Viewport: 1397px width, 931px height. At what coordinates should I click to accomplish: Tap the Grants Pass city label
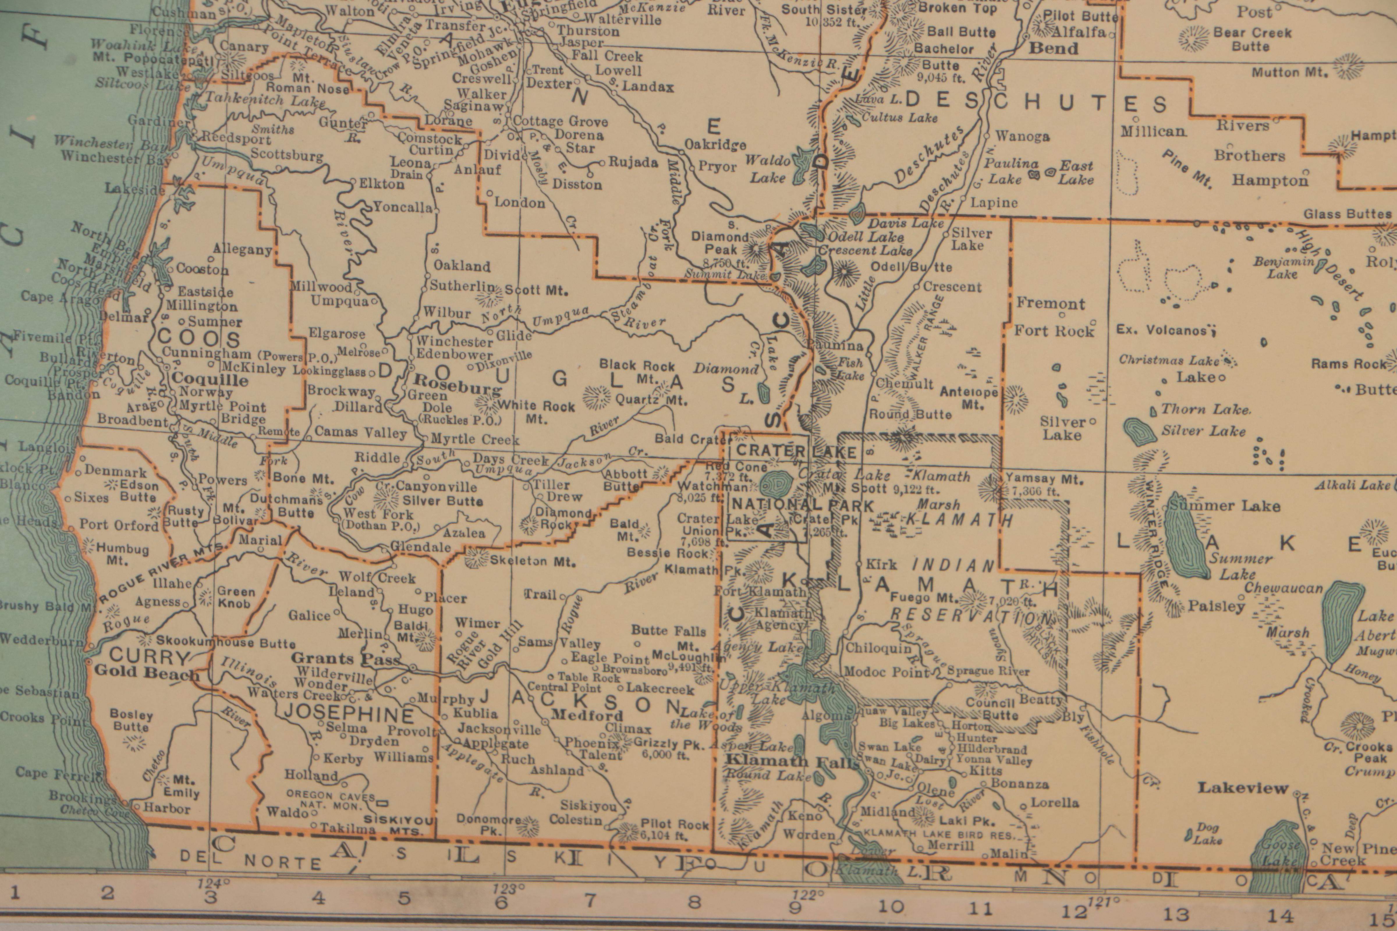(x=345, y=658)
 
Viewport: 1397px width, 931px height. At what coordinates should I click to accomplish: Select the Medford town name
(x=587, y=715)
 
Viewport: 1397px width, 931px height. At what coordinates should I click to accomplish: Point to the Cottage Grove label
(x=560, y=122)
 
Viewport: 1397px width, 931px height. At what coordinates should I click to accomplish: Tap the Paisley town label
(x=1216, y=606)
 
